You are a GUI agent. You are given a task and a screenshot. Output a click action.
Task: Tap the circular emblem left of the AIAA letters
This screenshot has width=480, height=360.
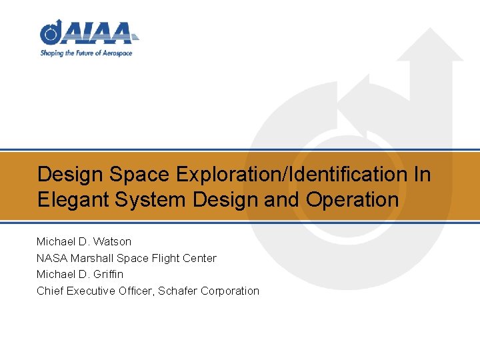[51, 32]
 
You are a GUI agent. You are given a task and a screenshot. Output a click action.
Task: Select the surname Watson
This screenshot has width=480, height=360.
[113, 241]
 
